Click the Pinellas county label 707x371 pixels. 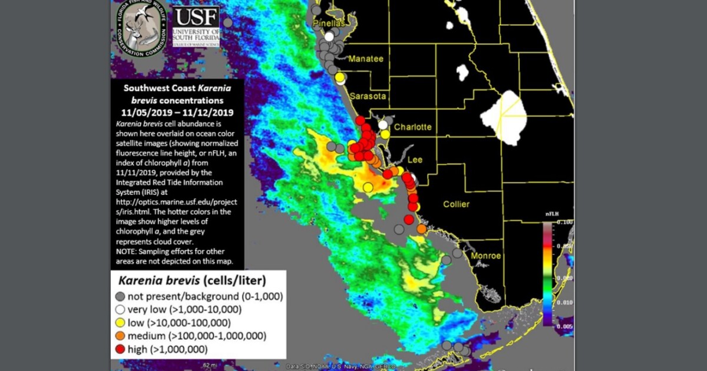tap(329, 24)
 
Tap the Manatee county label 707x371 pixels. tap(366, 59)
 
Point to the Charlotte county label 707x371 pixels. tap(412, 127)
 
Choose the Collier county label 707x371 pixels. tap(456, 204)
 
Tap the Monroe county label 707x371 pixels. tap(485, 256)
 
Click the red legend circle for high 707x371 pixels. tap(121, 350)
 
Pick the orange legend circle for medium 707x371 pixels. tap(121, 336)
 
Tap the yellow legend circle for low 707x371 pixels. tap(121, 323)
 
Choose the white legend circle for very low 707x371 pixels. tap(121, 309)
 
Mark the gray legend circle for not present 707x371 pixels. tap(121, 296)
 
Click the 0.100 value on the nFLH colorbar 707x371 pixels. tap(564, 223)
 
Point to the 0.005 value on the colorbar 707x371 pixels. tap(564, 325)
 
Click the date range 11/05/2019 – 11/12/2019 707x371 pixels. tap(177, 112)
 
